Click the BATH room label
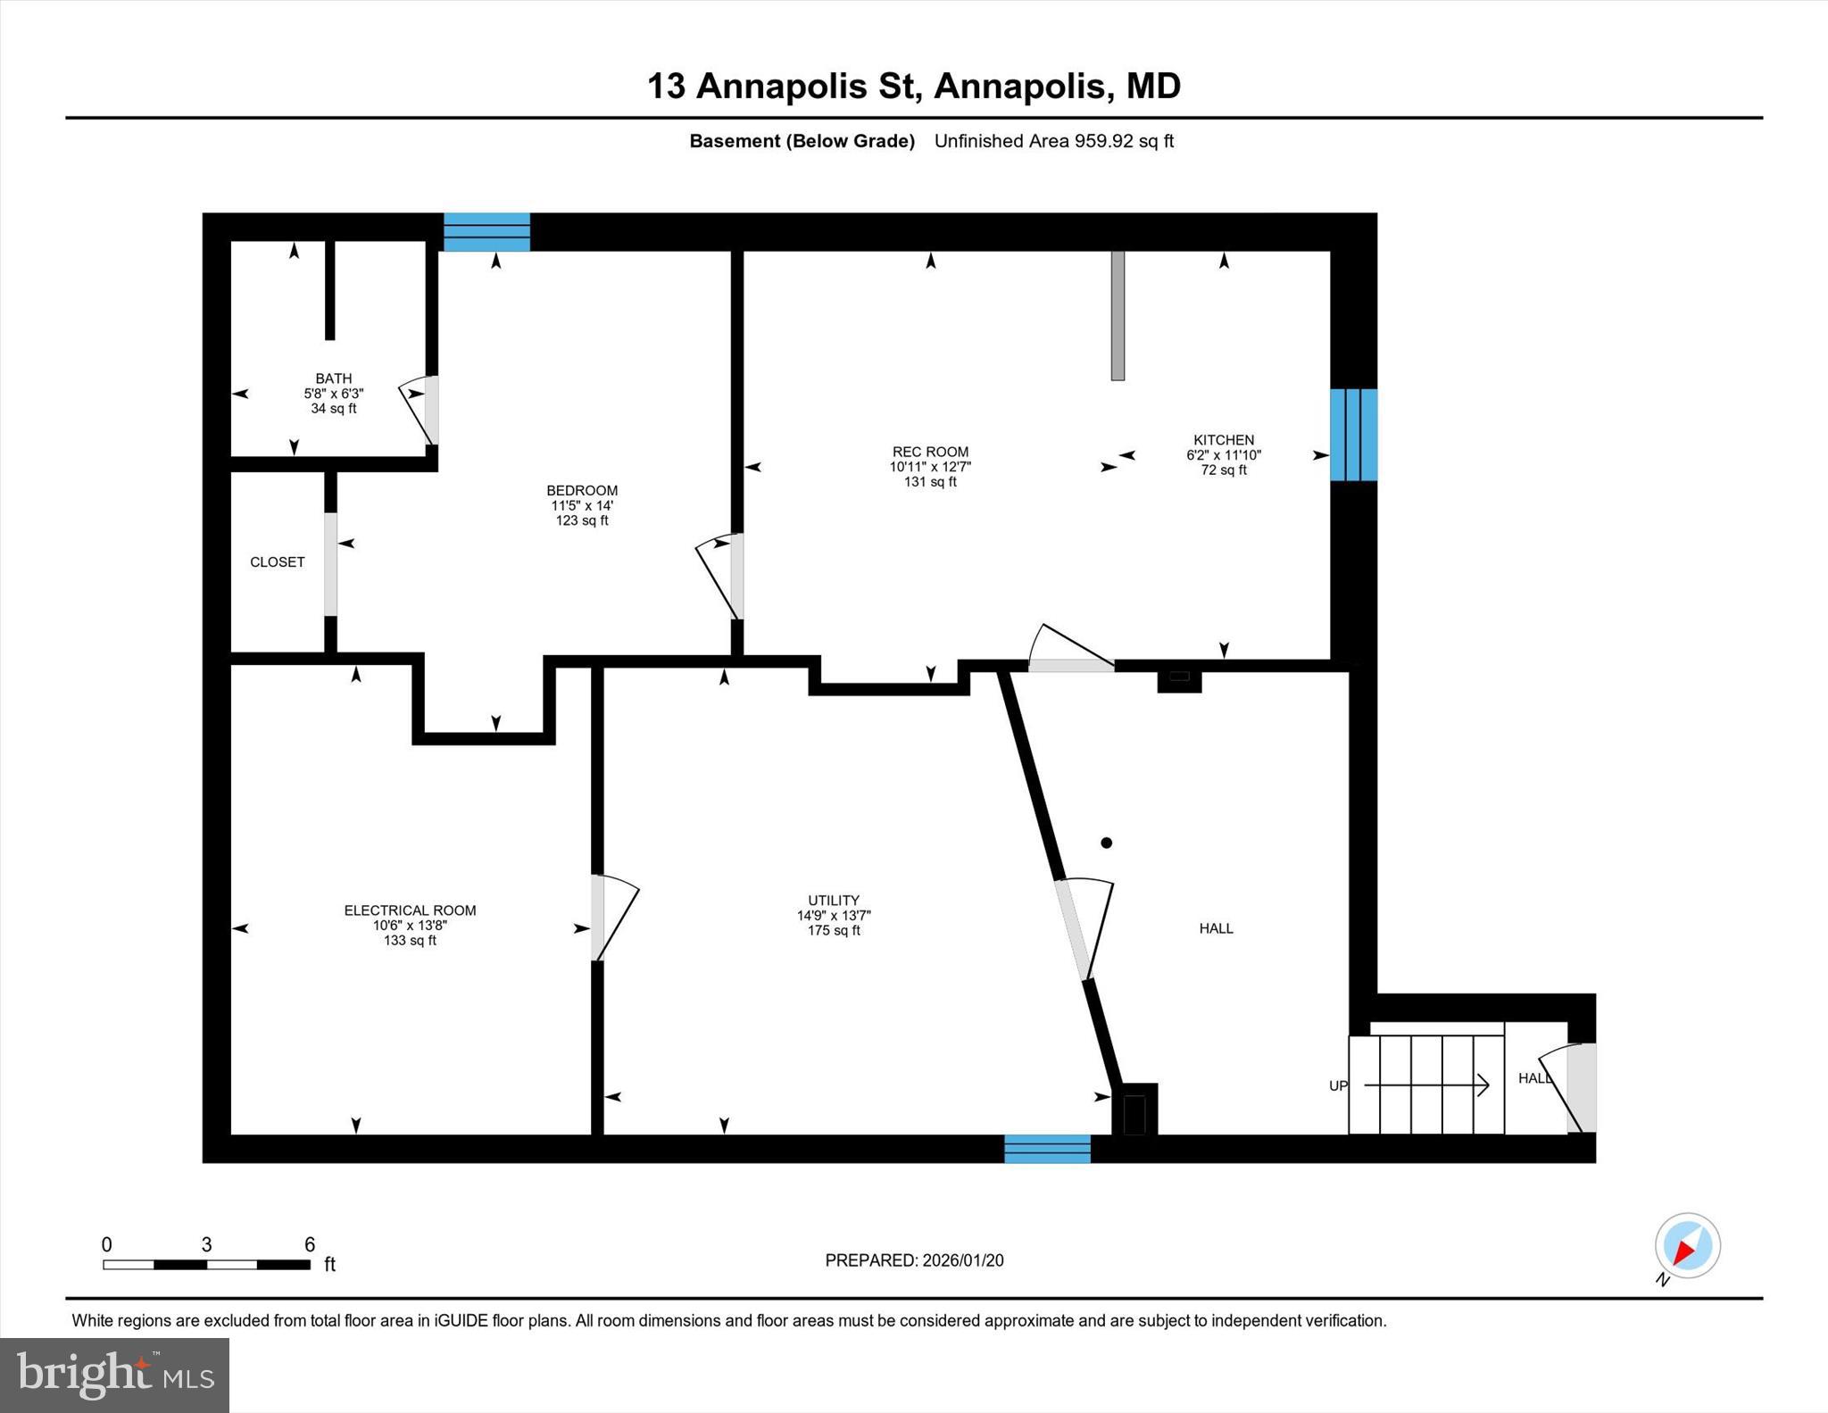point(333,378)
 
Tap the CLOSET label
point(277,562)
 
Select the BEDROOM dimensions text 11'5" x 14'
point(582,505)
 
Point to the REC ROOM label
point(930,452)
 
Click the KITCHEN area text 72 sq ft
point(1224,470)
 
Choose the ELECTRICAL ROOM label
point(410,910)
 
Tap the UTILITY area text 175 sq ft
point(834,931)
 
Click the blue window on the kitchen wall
point(1353,435)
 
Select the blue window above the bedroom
point(486,232)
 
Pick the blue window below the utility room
point(1047,1149)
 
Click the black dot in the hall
point(1107,843)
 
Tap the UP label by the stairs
point(1338,1086)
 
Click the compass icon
point(1687,1246)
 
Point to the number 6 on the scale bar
point(310,1245)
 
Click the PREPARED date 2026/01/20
point(962,1260)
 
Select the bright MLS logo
point(114,1375)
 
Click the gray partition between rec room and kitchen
point(1118,315)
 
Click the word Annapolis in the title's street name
point(781,87)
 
